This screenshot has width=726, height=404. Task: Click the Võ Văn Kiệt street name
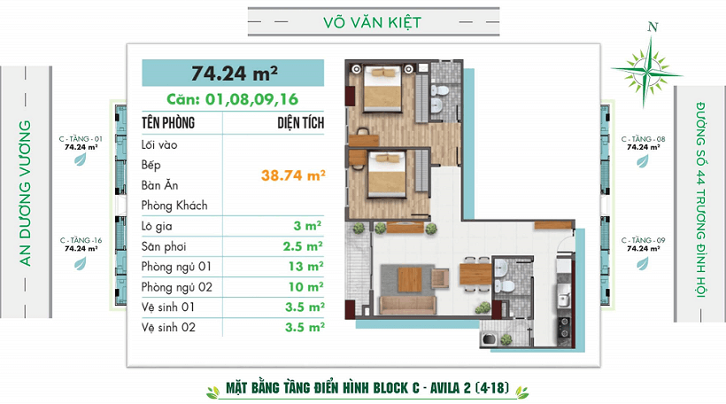pos(372,22)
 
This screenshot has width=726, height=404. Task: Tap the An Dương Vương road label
pos(25,193)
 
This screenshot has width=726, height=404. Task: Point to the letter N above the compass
pos(653,27)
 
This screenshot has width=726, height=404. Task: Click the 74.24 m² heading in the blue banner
pos(235,74)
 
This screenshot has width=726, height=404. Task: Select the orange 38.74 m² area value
pos(293,175)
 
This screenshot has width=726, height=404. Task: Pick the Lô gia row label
pos(157,226)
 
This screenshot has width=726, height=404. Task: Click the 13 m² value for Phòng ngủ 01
pos(306,267)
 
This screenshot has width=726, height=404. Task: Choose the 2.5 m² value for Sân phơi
pos(304,246)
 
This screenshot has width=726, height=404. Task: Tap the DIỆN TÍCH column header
pos(300,123)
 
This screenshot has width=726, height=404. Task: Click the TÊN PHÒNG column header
pos(168,123)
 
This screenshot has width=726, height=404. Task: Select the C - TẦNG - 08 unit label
pos(643,139)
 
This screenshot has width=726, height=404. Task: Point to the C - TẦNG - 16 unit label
pos(81,240)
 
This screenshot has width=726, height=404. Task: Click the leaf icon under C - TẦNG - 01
pos(81,159)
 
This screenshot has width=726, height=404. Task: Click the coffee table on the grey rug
pos(410,280)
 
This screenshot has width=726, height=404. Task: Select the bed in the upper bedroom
pos(382,89)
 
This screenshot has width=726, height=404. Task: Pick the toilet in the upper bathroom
pos(440,89)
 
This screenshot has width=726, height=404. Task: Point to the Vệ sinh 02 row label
pos(168,328)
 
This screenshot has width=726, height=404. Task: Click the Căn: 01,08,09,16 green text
pos(233,99)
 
